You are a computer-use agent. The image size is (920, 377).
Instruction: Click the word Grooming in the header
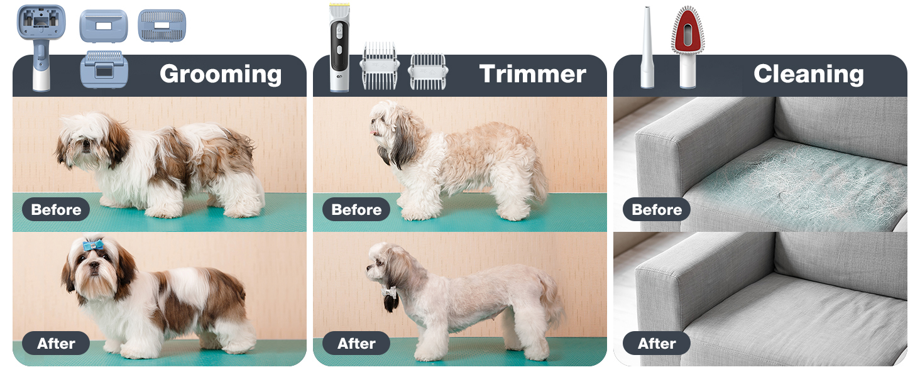pyautogui.click(x=221, y=74)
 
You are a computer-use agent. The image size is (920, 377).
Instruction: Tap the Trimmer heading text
pyautogui.click(x=533, y=74)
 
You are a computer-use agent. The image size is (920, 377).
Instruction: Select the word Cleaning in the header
pyautogui.click(x=809, y=74)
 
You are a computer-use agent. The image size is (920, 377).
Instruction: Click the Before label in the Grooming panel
pyautogui.click(x=56, y=209)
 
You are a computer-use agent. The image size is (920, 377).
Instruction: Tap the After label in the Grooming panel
pyautogui.click(x=56, y=343)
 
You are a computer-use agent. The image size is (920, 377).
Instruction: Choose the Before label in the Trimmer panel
pyautogui.click(x=356, y=209)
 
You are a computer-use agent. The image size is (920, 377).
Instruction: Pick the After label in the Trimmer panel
pyautogui.click(x=356, y=343)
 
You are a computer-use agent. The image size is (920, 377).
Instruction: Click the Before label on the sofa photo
pyautogui.click(x=656, y=209)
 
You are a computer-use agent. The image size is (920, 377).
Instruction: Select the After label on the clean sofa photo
pyautogui.click(x=656, y=343)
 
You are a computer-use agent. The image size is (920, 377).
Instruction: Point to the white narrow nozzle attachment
pyautogui.click(x=647, y=47)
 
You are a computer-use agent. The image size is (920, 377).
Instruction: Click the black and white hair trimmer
pyautogui.click(x=340, y=47)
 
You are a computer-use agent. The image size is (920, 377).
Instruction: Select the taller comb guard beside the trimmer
pyautogui.click(x=380, y=66)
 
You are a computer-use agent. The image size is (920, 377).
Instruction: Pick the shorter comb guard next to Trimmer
pyautogui.click(x=428, y=72)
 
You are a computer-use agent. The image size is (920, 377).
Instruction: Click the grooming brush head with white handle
pyautogui.click(x=41, y=47)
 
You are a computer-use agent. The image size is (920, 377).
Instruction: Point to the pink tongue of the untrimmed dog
pyautogui.click(x=373, y=132)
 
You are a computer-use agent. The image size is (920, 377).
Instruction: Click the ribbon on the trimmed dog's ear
pyautogui.click(x=388, y=292)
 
